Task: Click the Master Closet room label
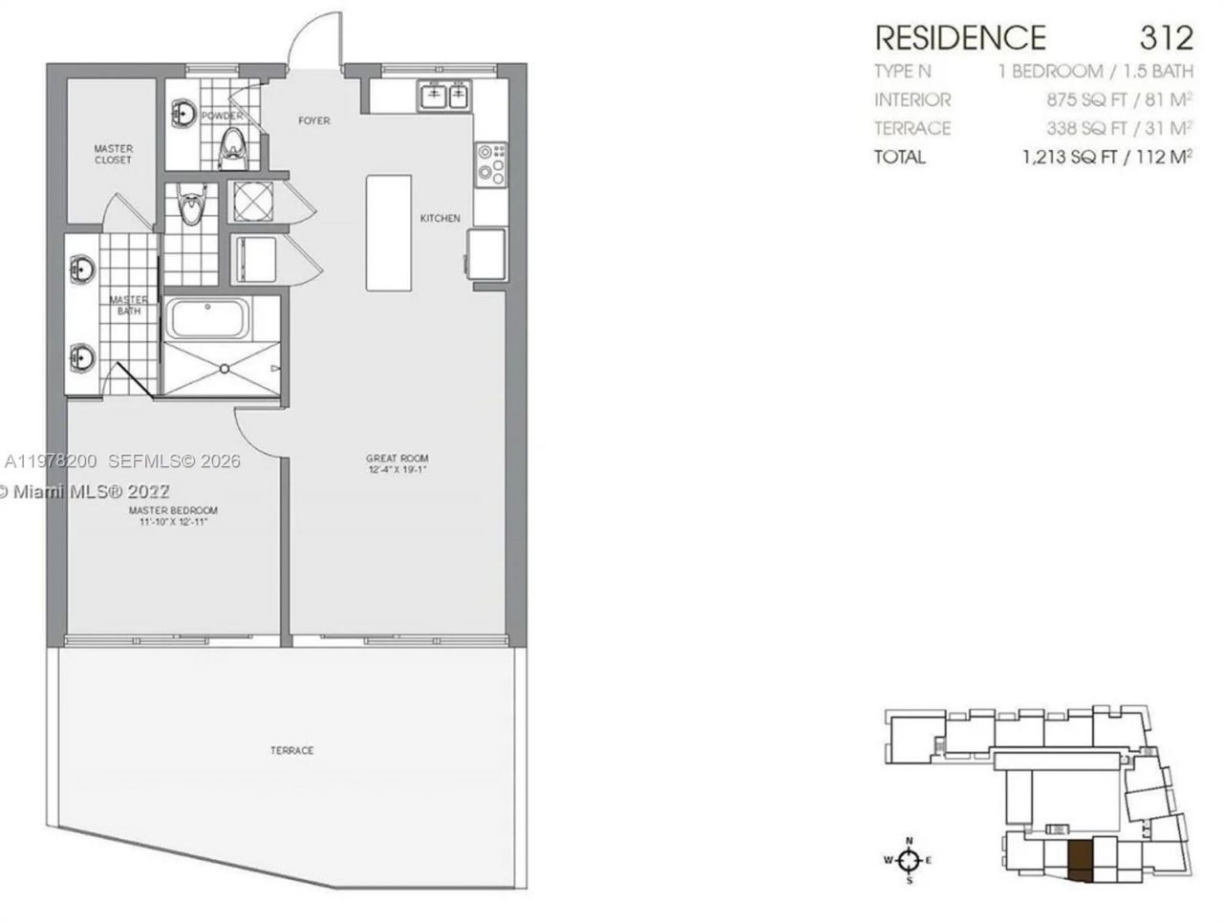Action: (x=113, y=154)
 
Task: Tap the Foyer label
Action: (x=313, y=120)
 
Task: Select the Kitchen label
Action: (x=440, y=219)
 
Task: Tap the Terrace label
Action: (x=291, y=750)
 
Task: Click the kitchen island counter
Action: (x=389, y=232)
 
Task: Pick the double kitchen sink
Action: (x=444, y=95)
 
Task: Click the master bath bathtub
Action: (x=207, y=318)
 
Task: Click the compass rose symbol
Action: (x=910, y=860)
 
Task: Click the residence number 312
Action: (x=1166, y=38)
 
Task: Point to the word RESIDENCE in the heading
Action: (x=960, y=38)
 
